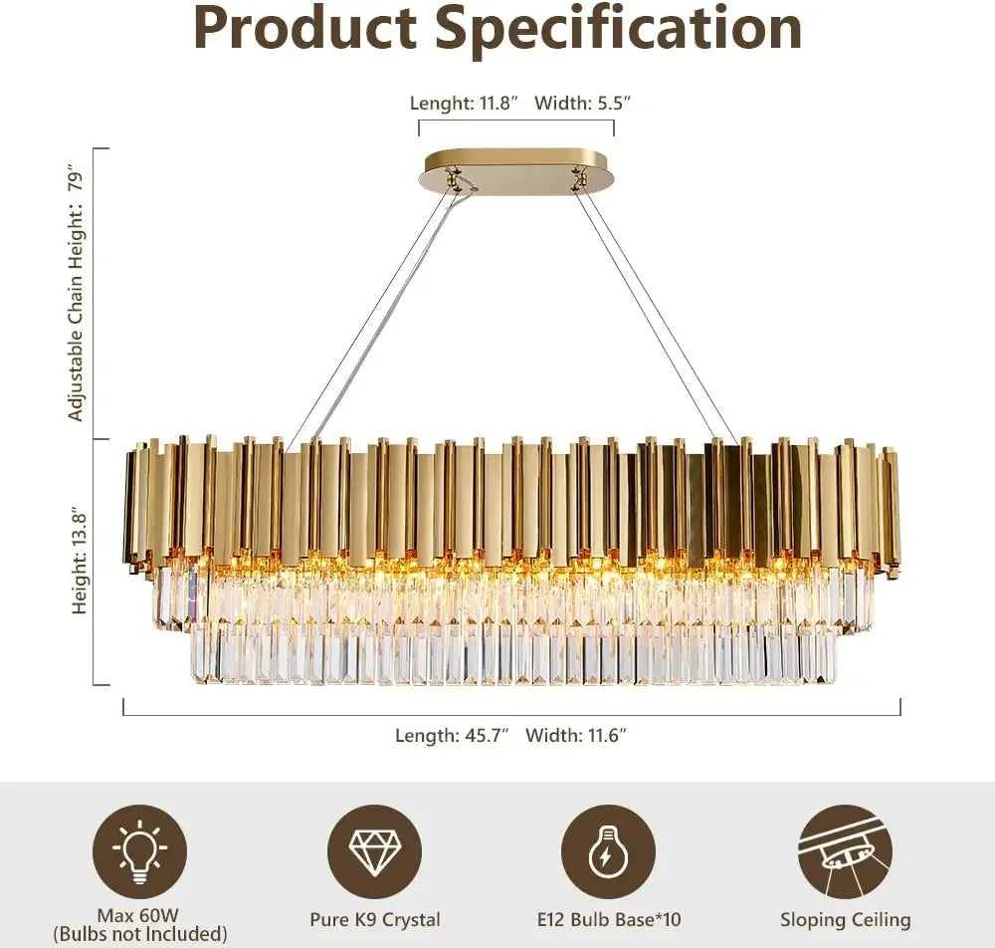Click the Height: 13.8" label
(x=80, y=562)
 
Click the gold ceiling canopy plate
(x=517, y=171)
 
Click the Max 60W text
(x=139, y=915)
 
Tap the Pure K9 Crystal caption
(x=374, y=920)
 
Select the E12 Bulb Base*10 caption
(x=608, y=920)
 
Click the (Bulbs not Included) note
(x=139, y=934)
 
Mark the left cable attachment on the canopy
(x=455, y=179)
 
